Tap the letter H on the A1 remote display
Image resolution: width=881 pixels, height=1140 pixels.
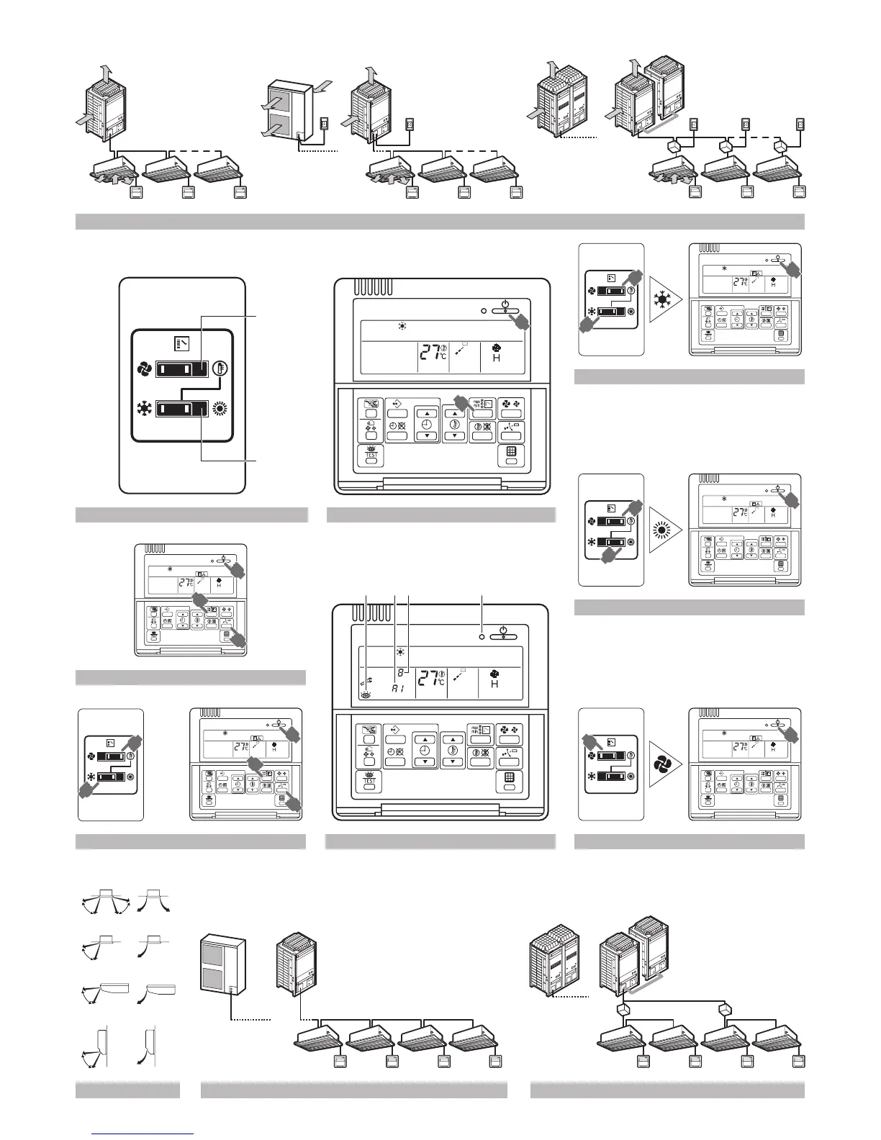494,684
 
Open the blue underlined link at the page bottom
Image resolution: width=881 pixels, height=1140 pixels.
144,1134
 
